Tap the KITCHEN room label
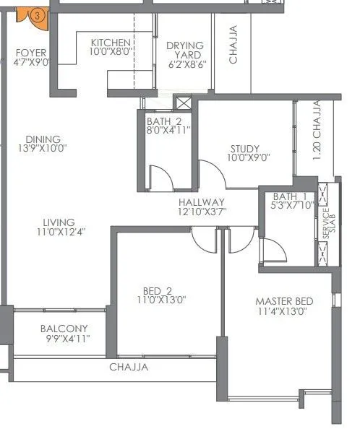(111, 43)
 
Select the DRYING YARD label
(185, 45)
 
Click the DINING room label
(43, 139)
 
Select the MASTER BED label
(284, 300)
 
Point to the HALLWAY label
(202, 202)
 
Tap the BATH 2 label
(168, 121)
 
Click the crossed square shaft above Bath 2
(183, 103)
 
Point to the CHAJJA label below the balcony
(129, 367)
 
